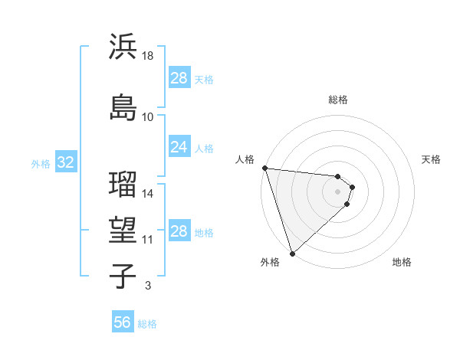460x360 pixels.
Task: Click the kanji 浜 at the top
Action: pyautogui.click(x=123, y=47)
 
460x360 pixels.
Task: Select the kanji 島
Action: pyautogui.click(x=123, y=106)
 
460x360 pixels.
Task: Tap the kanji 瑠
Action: pyautogui.click(x=123, y=184)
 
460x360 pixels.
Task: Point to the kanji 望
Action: pyautogui.click(x=123, y=230)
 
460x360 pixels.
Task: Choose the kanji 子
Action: pyautogui.click(x=123, y=276)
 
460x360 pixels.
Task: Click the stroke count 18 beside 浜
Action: pyautogui.click(x=148, y=57)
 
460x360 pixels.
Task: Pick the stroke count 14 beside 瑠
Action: pyautogui.click(x=148, y=194)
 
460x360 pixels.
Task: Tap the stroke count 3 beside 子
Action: pyautogui.click(x=148, y=286)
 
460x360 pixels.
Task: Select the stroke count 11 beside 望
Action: pyautogui.click(x=148, y=240)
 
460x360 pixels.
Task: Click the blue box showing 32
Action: pyautogui.click(x=65, y=163)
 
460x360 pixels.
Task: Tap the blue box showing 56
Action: pyautogui.click(x=122, y=323)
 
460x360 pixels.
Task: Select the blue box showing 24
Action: pyautogui.click(x=179, y=147)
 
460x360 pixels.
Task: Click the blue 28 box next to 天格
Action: pyautogui.click(x=179, y=78)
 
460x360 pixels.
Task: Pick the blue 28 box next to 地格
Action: pyautogui.click(x=179, y=231)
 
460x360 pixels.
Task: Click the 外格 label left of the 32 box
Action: pyautogui.click(x=41, y=164)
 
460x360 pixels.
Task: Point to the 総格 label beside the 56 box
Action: pyautogui.click(x=147, y=324)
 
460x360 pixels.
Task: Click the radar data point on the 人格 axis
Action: pyautogui.click(x=264, y=168)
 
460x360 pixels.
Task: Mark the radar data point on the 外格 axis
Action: pyautogui.click(x=291, y=253)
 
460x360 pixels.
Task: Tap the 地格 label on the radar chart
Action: pyautogui.click(x=402, y=263)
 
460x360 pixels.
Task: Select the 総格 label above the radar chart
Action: pyautogui.click(x=338, y=100)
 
